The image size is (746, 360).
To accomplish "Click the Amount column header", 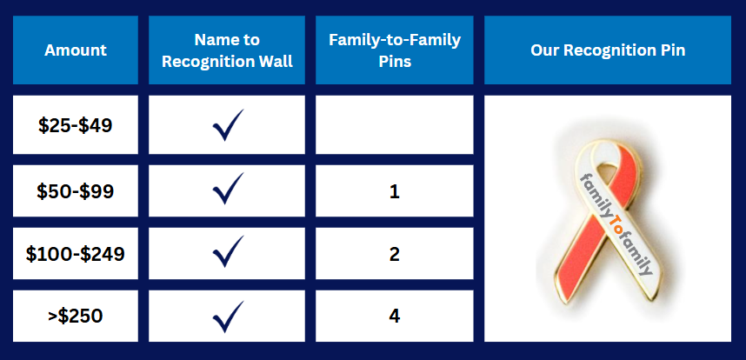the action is point(76,50).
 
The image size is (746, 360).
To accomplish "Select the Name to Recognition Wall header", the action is point(227,50).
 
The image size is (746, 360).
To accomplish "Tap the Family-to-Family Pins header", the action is point(395,50).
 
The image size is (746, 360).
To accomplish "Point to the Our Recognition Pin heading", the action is point(608,50).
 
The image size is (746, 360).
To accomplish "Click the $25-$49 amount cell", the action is point(76,125).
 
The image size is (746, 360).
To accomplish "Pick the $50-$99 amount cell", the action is point(76,190).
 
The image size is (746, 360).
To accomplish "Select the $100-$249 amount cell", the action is point(76,253).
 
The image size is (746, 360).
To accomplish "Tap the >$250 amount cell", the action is point(76,316).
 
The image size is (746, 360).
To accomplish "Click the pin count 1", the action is point(395,191).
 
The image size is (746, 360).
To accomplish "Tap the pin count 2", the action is point(395,255).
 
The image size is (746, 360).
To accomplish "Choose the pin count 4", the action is point(395,317).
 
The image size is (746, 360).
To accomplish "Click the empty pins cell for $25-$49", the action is point(395,124).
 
